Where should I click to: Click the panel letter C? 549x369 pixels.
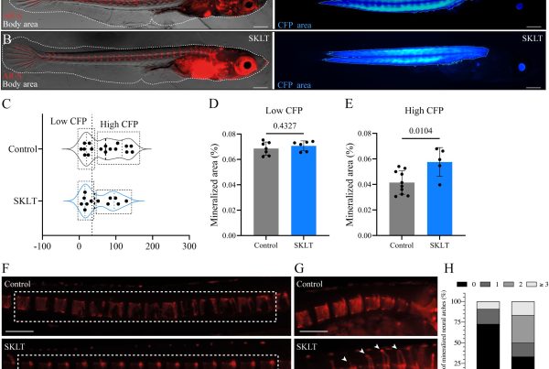point(7,103)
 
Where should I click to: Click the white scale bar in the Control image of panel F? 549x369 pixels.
point(19,327)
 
